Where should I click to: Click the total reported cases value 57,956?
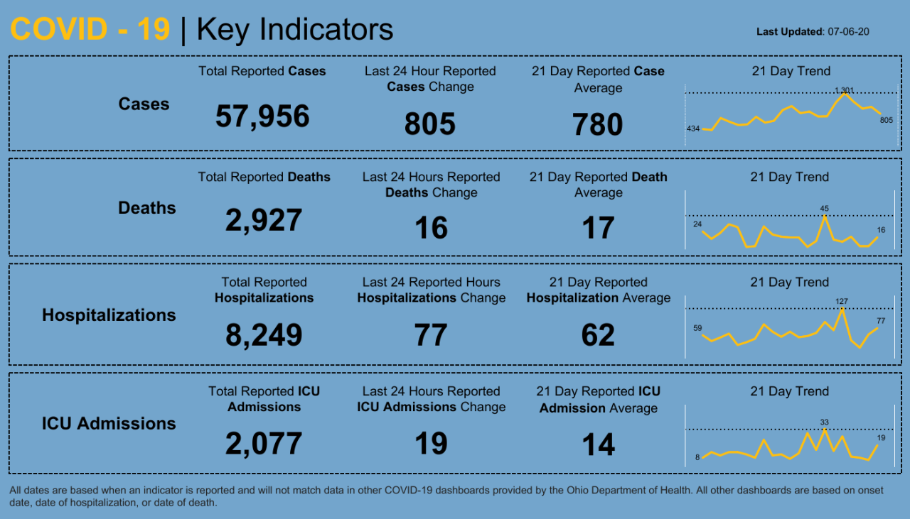coord(262,116)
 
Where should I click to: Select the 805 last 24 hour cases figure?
coord(429,124)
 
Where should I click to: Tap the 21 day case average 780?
coord(598,125)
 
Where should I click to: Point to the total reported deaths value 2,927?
coord(264,221)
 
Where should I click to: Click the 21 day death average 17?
coord(598,229)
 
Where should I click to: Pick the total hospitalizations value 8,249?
coord(264,335)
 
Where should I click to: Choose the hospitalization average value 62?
coord(598,335)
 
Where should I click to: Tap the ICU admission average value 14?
coord(598,445)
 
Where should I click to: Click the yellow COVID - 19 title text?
coord(90,30)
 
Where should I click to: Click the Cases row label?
coord(144,104)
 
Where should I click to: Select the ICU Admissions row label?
coord(109,424)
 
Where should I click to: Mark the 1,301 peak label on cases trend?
coord(844,90)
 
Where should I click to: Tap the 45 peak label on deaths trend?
coord(824,209)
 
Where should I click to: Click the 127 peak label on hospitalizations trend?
coord(842,302)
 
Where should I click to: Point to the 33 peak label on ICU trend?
coord(825,422)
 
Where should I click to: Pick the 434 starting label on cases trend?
coord(693,129)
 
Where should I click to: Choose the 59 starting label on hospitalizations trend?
coord(697,328)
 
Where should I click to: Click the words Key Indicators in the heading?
coord(294,30)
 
